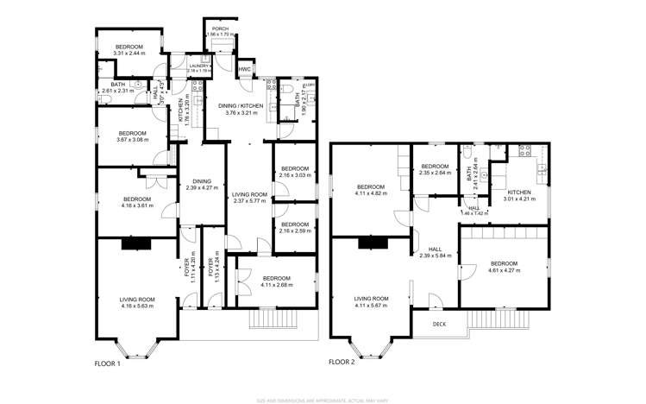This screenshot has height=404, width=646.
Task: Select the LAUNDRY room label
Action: pyautogui.click(x=187, y=65)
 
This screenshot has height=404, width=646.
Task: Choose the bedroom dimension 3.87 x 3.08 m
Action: pyautogui.click(x=132, y=139)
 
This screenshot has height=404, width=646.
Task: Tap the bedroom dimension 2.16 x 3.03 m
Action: pyautogui.click(x=294, y=175)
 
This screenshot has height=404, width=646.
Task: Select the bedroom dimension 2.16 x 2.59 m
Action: pyautogui.click(x=294, y=230)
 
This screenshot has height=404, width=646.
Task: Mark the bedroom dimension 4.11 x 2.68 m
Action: pyautogui.click(x=277, y=284)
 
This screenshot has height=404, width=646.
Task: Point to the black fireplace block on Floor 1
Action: pyautogui.click(x=135, y=244)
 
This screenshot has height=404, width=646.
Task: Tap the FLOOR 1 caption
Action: pyautogui.click(x=108, y=364)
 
